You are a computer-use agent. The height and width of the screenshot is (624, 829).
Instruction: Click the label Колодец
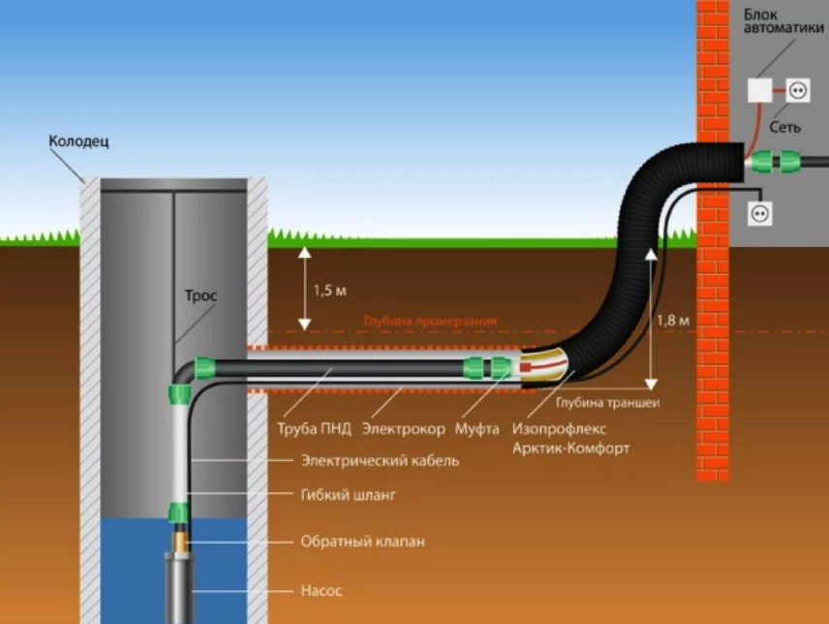tap(78, 141)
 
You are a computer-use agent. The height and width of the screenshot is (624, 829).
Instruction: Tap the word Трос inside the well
tap(200, 296)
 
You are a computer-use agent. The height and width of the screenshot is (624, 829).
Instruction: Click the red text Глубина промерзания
tap(430, 321)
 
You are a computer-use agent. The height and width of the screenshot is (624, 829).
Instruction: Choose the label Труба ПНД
tap(312, 427)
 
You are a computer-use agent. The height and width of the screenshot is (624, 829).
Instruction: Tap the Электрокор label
tap(403, 427)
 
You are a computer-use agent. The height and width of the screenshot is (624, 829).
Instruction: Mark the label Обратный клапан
tap(363, 541)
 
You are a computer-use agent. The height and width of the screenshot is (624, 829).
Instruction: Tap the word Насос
tap(321, 589)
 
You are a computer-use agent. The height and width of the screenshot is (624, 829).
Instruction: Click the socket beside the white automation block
tap(798, 90)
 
